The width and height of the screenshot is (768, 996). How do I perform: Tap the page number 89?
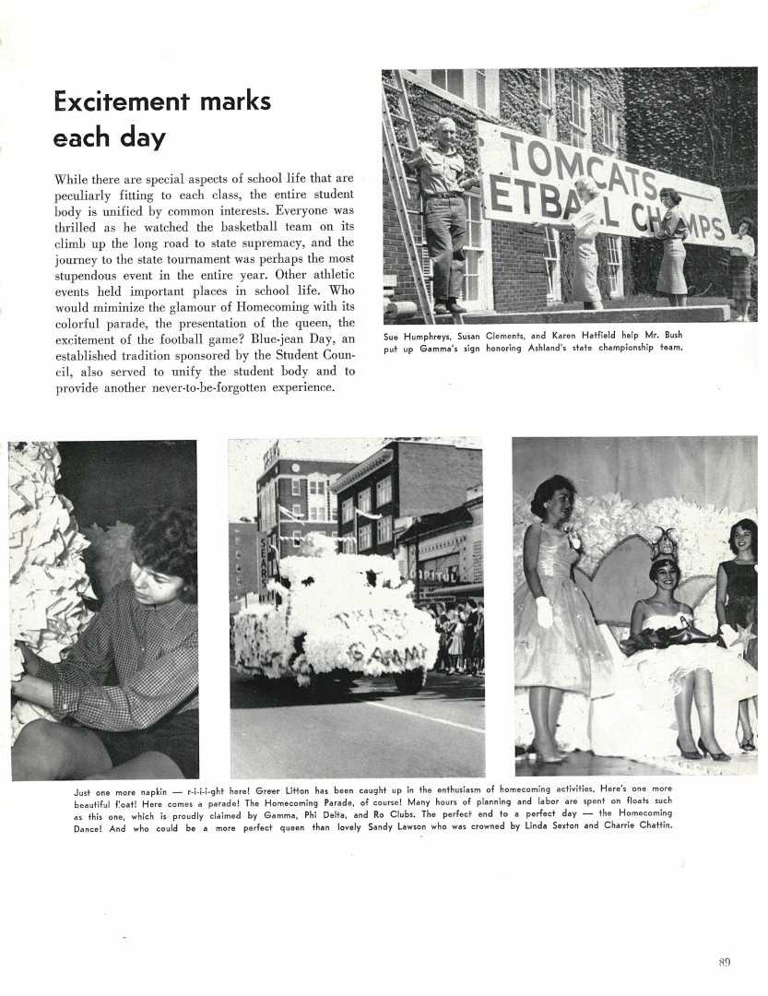(x=724, y=962)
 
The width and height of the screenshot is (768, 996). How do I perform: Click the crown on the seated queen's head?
(x=663, y=546)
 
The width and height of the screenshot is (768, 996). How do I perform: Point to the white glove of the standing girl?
(x=544, y=611)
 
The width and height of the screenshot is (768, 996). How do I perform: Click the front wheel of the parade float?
(x=409, y=681)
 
